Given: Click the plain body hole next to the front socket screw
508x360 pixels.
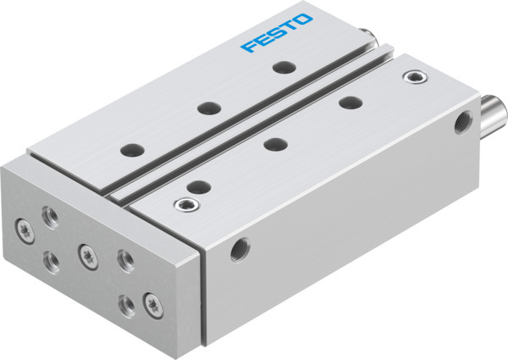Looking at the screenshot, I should click(x=196, y=186).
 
